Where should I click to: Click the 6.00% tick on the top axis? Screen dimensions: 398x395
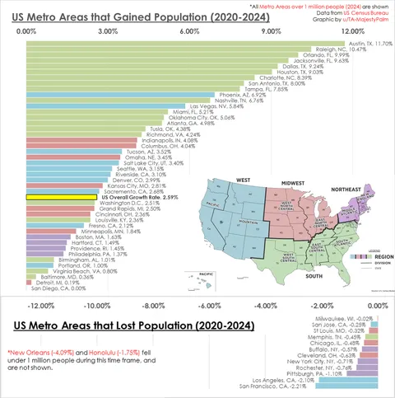pos(189,31)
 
